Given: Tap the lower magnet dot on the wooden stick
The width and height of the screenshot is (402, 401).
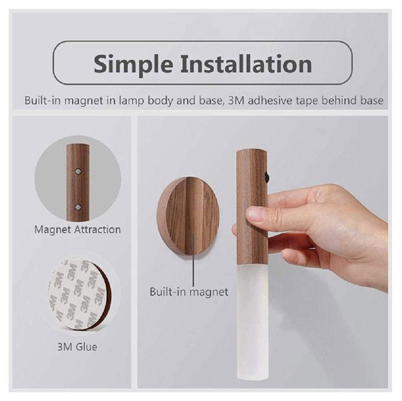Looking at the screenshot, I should point(78,206).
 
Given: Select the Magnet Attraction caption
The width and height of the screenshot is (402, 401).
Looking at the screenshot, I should point(77,229).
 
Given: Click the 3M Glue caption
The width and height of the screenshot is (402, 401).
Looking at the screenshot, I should point(77,347).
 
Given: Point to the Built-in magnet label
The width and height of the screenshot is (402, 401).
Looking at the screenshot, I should point(189,292).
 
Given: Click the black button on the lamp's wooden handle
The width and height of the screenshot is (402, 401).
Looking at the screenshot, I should point(267,177).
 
